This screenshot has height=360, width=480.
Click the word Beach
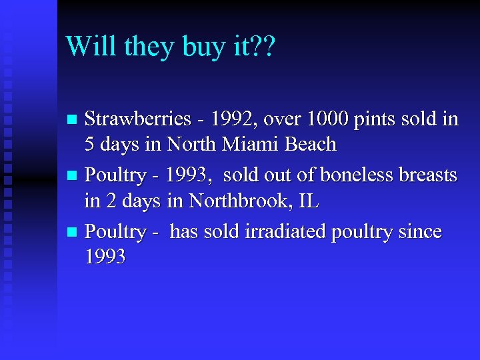tap(311, 143)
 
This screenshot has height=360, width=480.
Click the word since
tap(419, 232)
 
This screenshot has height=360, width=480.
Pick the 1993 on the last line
tap(105, 257)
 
